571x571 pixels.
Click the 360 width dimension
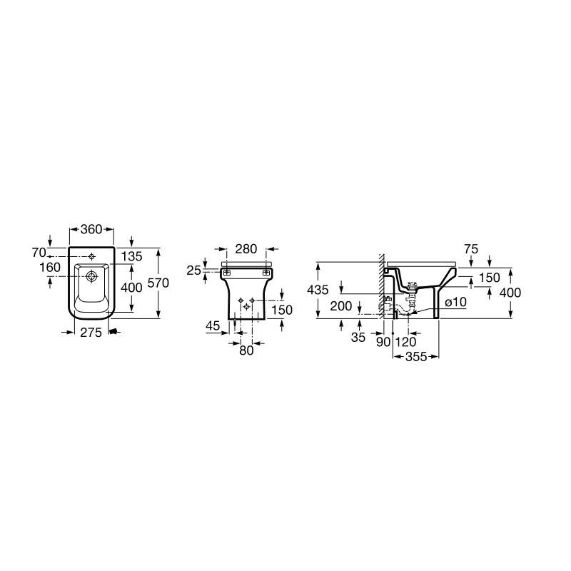point(91,229)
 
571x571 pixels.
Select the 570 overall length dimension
point(158,283)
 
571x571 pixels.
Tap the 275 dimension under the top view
point(91,333)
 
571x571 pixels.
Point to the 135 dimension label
point(131,256)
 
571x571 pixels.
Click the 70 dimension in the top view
point(39,253)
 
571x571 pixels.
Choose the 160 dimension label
point(50,268)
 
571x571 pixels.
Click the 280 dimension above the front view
point(246,249)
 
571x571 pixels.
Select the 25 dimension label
point(193,271)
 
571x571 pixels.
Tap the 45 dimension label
point(213,326)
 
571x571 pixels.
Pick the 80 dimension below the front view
point(246,350)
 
